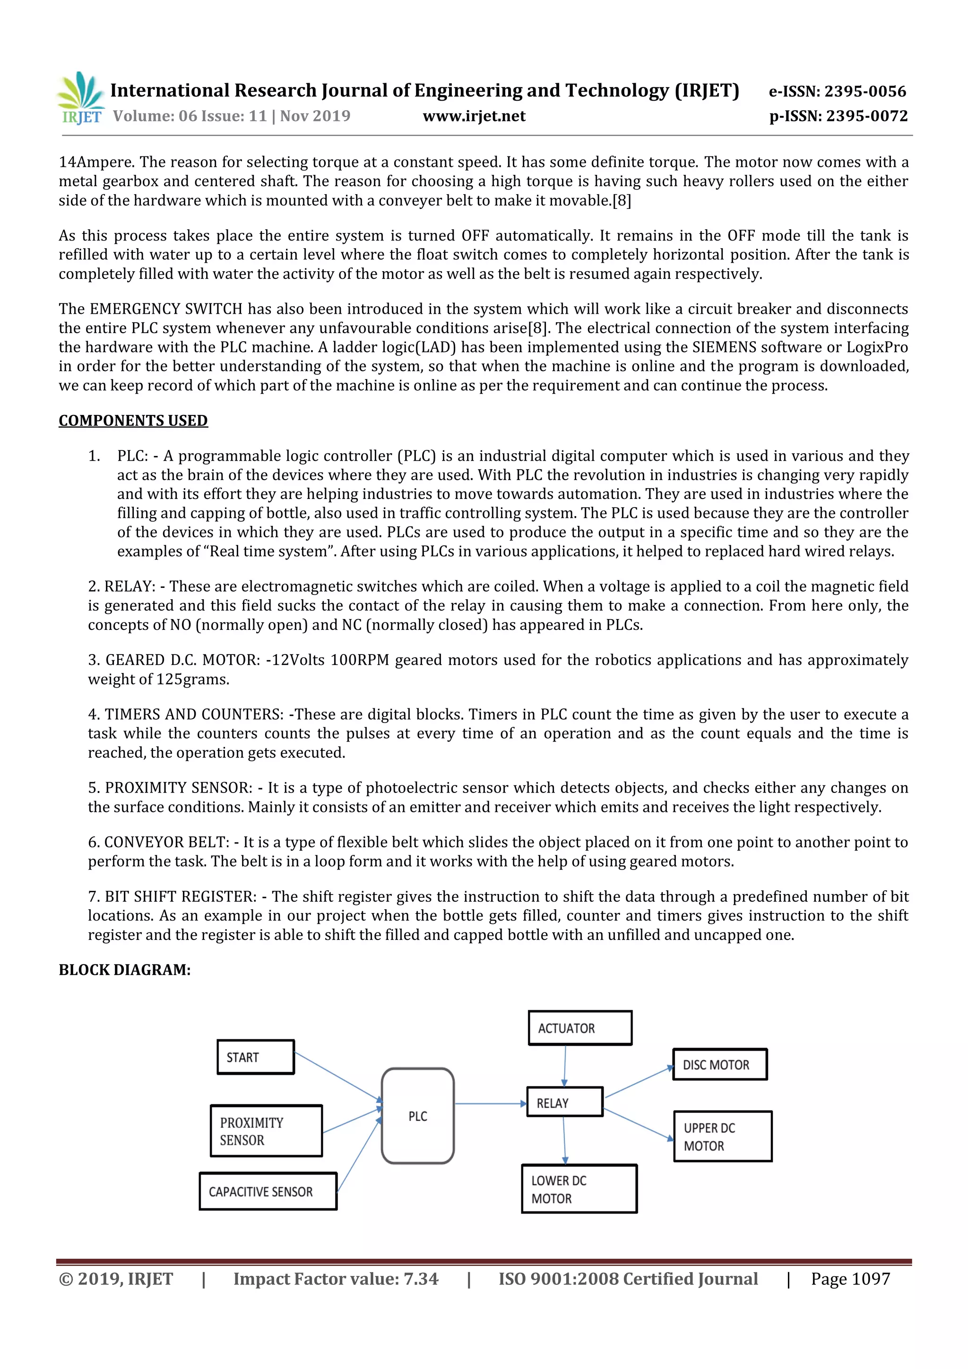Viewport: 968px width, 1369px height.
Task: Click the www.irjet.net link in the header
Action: click(x=474, y=116)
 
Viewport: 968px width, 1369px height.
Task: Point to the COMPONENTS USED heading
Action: click(x=133, y=421)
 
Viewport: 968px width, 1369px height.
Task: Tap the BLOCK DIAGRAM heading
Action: click(x=125, y=970)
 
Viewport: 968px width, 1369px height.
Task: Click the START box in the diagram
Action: click(x=255, y=1057)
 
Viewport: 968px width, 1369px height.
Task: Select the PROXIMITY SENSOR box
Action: click(x=266, y=1131)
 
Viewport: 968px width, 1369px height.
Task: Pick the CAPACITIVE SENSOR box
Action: click(x=268, y=1191)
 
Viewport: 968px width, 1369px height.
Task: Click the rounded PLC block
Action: click(x=417, y=1116)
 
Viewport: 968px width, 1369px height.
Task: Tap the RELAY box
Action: click(x=565, y=1102)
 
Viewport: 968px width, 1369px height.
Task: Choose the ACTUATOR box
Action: click(x=580, y=1028)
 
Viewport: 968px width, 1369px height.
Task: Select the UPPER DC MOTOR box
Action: click(x=722, y=1137)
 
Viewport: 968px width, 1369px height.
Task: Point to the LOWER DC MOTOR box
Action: click(x=579, y=1189)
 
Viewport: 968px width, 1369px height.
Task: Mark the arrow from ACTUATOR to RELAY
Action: click(x=565, y=1066)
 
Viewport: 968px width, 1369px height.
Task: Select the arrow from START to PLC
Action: click(x=338, y=1076)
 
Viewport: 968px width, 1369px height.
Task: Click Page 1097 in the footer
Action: click(x=850, y=1279)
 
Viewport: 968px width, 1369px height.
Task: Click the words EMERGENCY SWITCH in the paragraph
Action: click(x=166, y=309)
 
